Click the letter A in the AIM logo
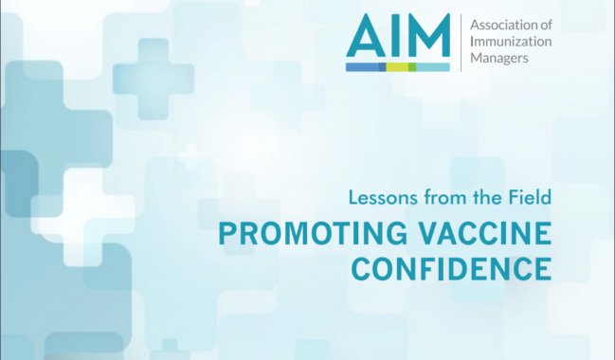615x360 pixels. pyautogui.click(x=364, y=38)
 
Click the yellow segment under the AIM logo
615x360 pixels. pyautogui.click(x=397, y=67)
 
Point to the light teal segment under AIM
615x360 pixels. pyautogui.click(x=433, y=67)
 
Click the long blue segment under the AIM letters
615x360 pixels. pyautogui.click(x=362, y=67)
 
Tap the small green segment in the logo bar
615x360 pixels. pyautogui.click(x=412, y=67)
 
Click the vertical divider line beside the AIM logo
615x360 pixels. pyautogui.click(x=461, y=43)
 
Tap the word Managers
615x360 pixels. pyautogui.click(x=499, y=58)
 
